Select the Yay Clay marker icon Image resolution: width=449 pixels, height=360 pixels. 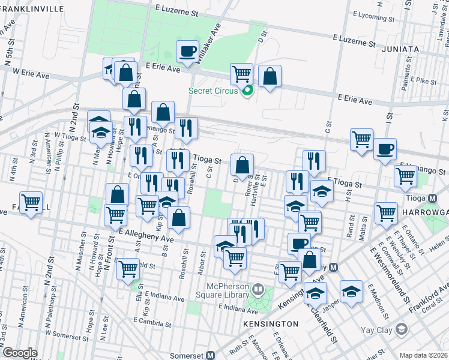(x=402, y=329)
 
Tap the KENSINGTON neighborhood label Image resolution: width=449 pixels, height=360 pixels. (x=271, y=323)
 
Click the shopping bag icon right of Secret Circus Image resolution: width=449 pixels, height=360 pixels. (x=270, y=76)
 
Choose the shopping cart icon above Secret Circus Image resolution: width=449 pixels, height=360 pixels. (x=241, y=74)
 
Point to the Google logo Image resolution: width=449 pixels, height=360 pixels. (x=20, y=353)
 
